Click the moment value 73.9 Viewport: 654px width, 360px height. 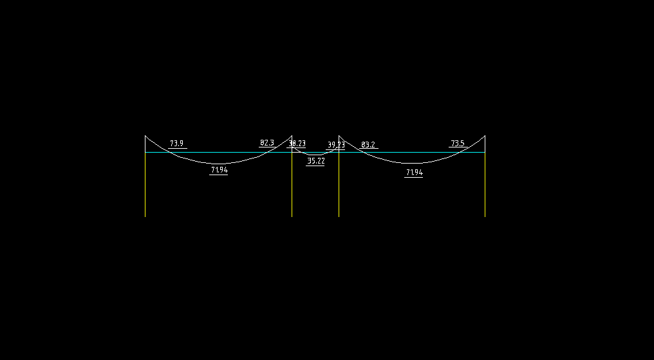pyautogui.click(x=176, y=144)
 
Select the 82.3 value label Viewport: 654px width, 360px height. pyautogui.click(x=266, y=143)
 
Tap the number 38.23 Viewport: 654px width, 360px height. pyautogui.click(x=297, y=144)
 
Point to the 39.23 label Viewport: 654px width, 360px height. pyautogui.click(x=336, y=145)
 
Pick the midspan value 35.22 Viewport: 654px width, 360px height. pyautogui.click(x=315, y=161)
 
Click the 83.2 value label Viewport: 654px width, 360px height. pyautogui.click(x=368, y=145)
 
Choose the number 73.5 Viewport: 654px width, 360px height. pyautogui.click(x=457, y=143)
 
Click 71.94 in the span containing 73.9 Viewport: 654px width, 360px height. pyautogui.click(x=219, y=170)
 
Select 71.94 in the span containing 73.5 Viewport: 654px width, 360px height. pyautogui.click(x=414, y=173)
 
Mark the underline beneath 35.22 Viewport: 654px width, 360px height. pyautogui.click(x=315, y=166)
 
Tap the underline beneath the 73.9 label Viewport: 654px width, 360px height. pyautogui.click(x=178, y=149)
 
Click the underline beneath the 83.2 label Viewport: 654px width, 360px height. pyautogui.click(x=369, y=149)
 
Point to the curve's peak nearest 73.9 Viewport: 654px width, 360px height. pyautogui.click(x=145, y=136)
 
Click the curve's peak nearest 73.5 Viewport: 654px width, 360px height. pyautogui.click(x=484, y=136)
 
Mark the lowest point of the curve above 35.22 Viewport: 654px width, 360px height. pyautogui.click(x=315, y=155)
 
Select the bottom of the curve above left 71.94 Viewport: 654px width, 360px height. pyautogui.click(x=219, y=164)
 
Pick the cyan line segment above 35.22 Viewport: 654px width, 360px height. pyautogui.click(x=315, y=153)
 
